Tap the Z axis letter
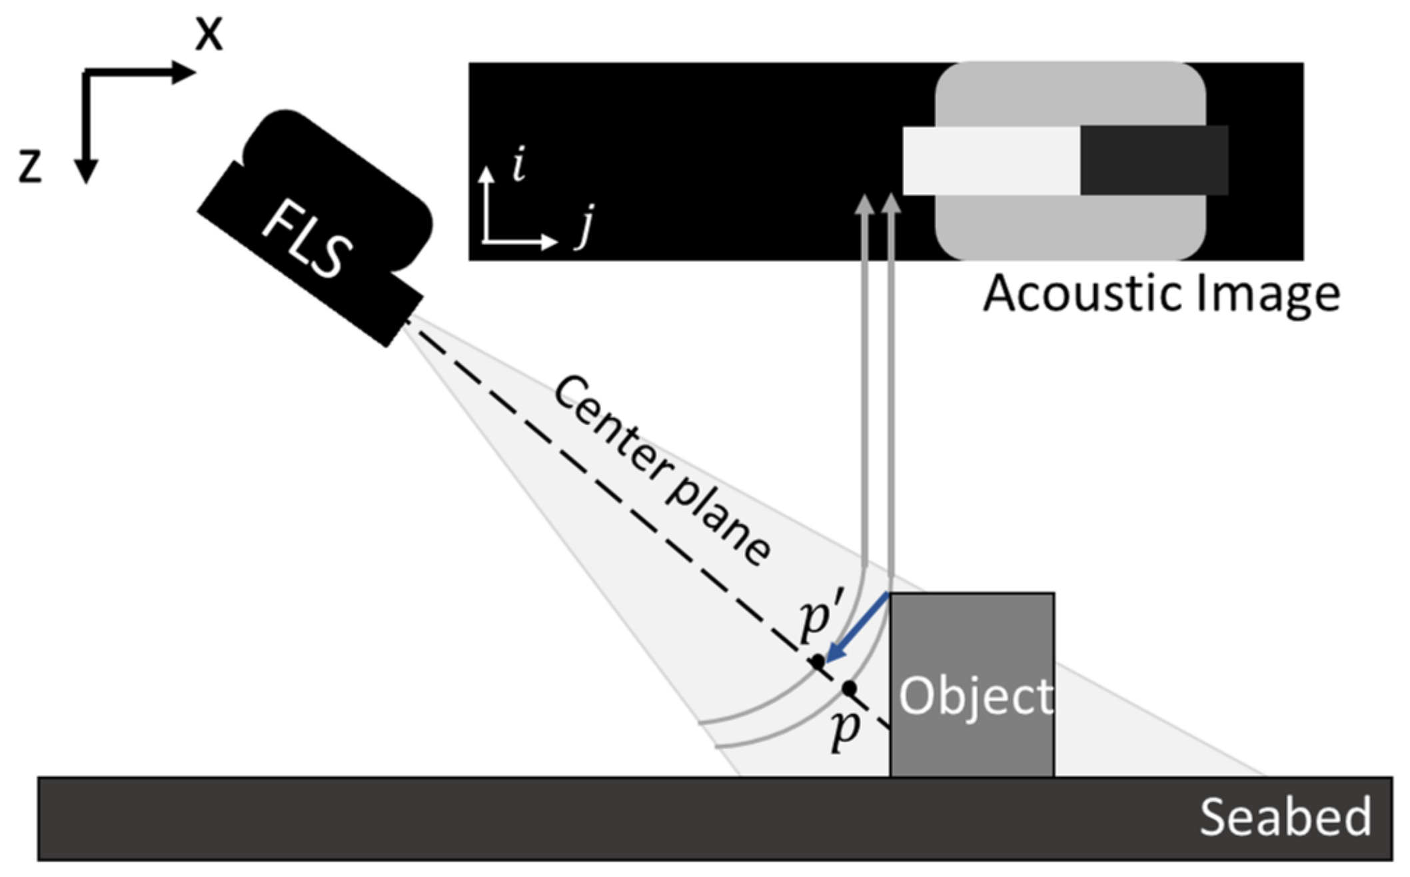(x=30, y=167)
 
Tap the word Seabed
(x=1285, y=817)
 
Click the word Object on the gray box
(x=976, y=696)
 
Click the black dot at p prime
(x=817, y=662)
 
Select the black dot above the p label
(x=849, y=688)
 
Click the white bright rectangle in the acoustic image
(x=991, y=161)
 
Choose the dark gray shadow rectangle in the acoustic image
(x=1153, y=161)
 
